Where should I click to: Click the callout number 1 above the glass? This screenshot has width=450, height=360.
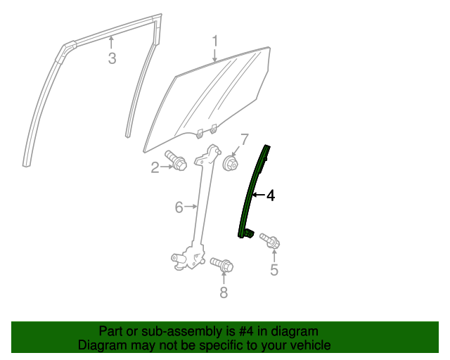coord(216,41)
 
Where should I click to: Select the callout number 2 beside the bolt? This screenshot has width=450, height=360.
coord(155,167)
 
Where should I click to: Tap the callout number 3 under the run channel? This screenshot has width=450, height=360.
coord(112,58)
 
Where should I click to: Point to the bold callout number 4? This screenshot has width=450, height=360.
coord(270,195)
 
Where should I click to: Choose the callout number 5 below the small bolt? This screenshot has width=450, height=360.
coord(274,270)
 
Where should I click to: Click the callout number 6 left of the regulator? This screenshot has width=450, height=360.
coord(179,207)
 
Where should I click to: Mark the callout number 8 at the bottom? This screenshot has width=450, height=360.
coord(224,292)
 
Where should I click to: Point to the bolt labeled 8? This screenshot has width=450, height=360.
coord(221,266)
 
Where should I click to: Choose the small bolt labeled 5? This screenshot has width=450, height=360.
coord(270,241)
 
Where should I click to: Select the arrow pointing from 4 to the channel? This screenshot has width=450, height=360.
coord(258,195)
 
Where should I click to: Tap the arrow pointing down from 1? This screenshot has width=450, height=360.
coord(216,54)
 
